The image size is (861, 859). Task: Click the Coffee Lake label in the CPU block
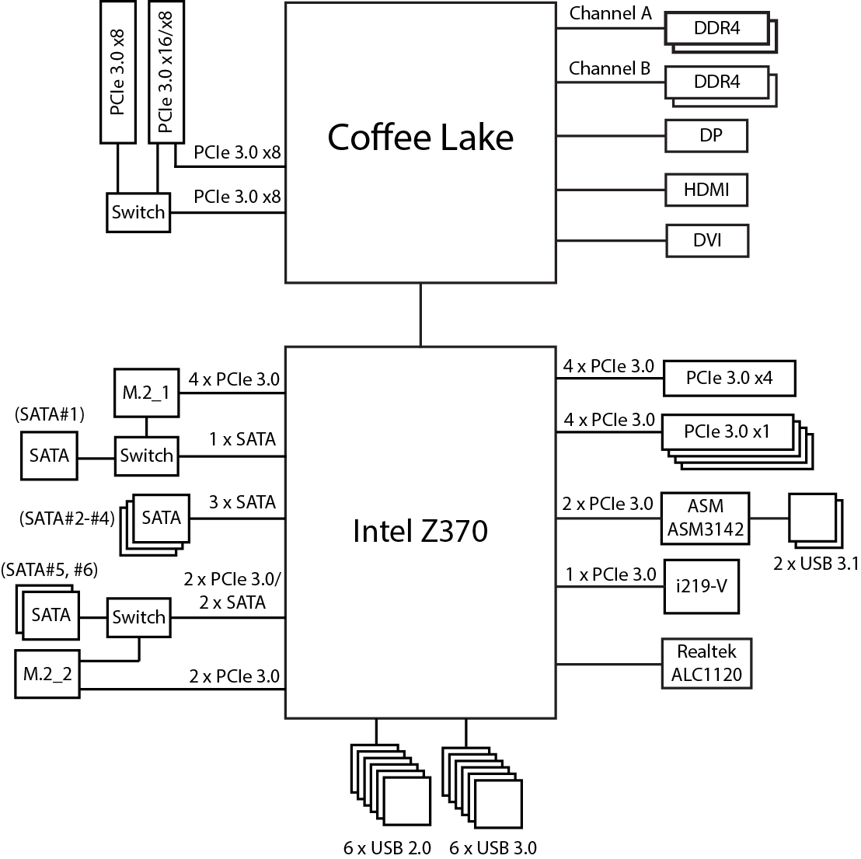point(420,138)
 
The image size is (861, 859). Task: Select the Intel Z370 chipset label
point(420,532)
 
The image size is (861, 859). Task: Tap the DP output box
point(707,136)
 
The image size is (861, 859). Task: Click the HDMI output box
point(707,189)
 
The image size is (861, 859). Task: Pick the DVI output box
point(707,240)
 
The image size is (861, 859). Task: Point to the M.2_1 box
point(145,392)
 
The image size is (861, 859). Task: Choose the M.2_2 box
point(47,674)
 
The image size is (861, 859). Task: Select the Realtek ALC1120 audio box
point(707,663)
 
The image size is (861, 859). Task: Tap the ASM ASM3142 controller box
point(706,519)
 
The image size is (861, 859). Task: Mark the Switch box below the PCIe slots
point(138,212)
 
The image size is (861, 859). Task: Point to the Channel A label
point(610,14)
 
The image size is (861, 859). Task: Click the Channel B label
point(610,68)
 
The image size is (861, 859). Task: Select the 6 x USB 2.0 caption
point(387,847)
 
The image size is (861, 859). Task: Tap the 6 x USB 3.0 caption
point(493,847)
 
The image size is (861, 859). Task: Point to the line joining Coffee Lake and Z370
point(420,314)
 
